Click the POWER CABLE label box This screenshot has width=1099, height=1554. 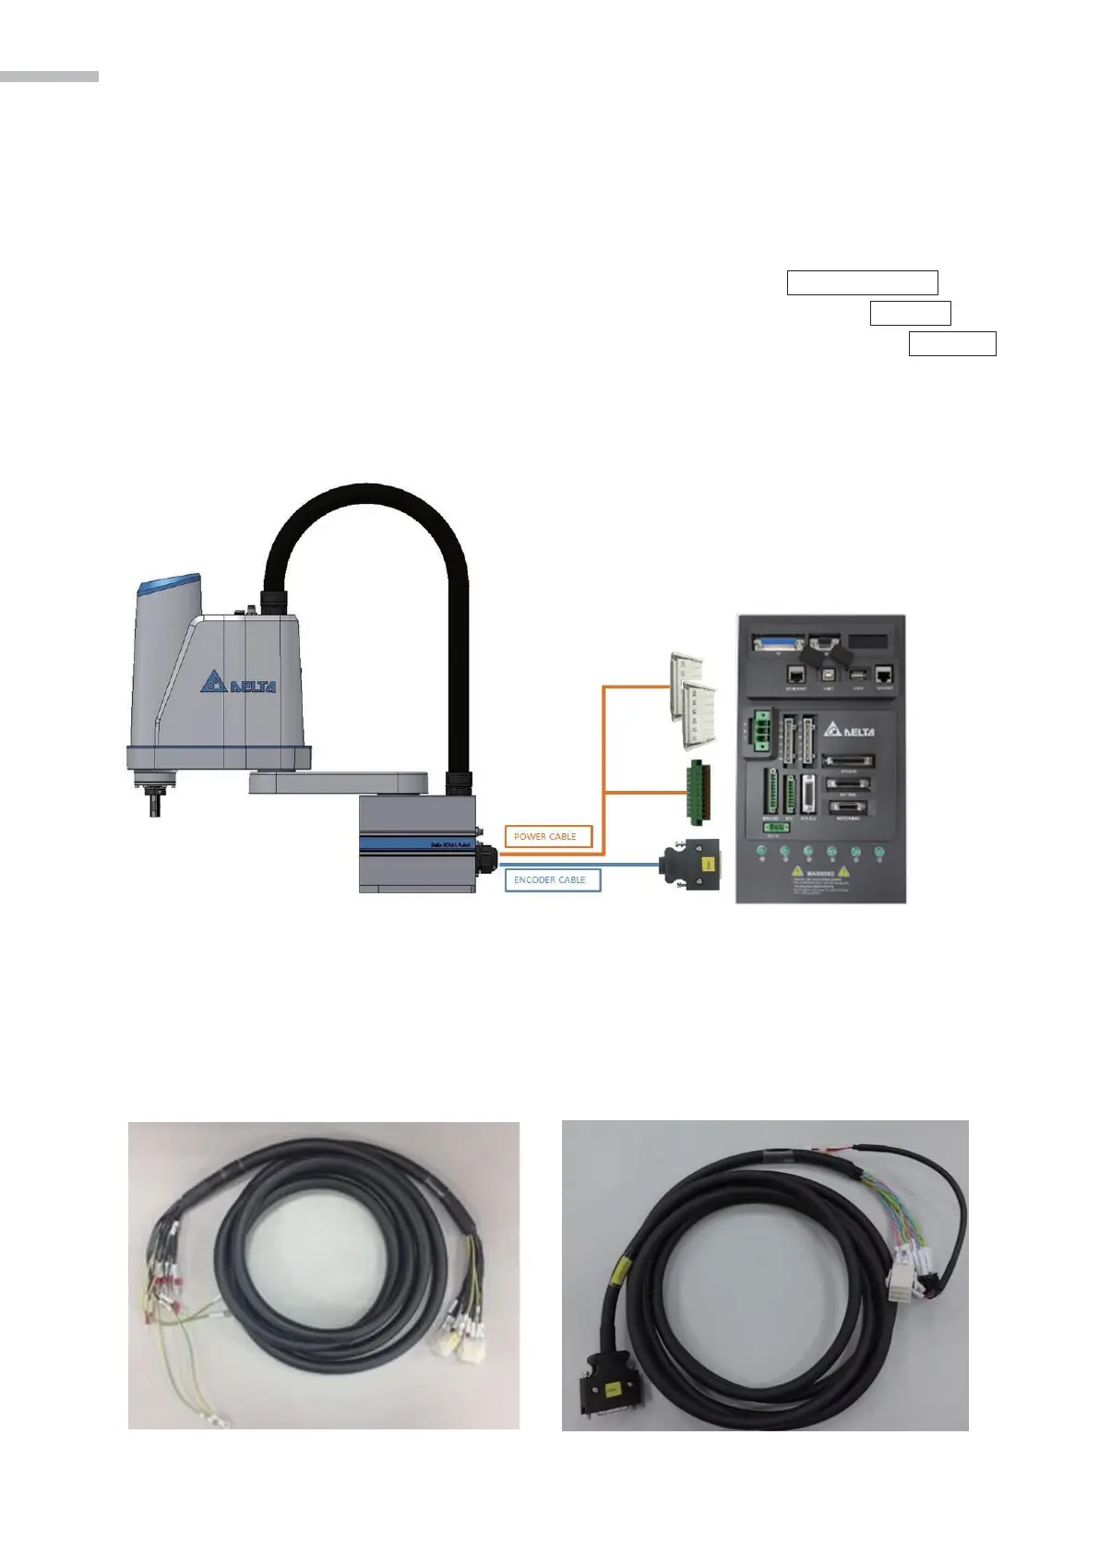click(548, 836)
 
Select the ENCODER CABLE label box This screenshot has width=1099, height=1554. click(552, 879)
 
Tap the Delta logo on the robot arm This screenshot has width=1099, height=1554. click(239, 684)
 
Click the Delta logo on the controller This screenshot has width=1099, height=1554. click(851, 730)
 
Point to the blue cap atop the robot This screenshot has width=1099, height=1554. click(168, 585)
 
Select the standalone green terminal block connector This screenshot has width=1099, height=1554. click(699, 793)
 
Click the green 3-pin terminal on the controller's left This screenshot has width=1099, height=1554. click(761, 730)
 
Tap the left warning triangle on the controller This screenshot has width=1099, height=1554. click(796, 871)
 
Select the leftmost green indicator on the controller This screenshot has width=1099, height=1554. click(761, 852)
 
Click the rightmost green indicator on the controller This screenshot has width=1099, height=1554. click(878, 852)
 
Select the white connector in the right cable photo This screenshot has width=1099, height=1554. click(903, 1279)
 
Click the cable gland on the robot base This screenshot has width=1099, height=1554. click(485, 860)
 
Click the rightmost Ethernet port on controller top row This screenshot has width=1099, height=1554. click(885, 675)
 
